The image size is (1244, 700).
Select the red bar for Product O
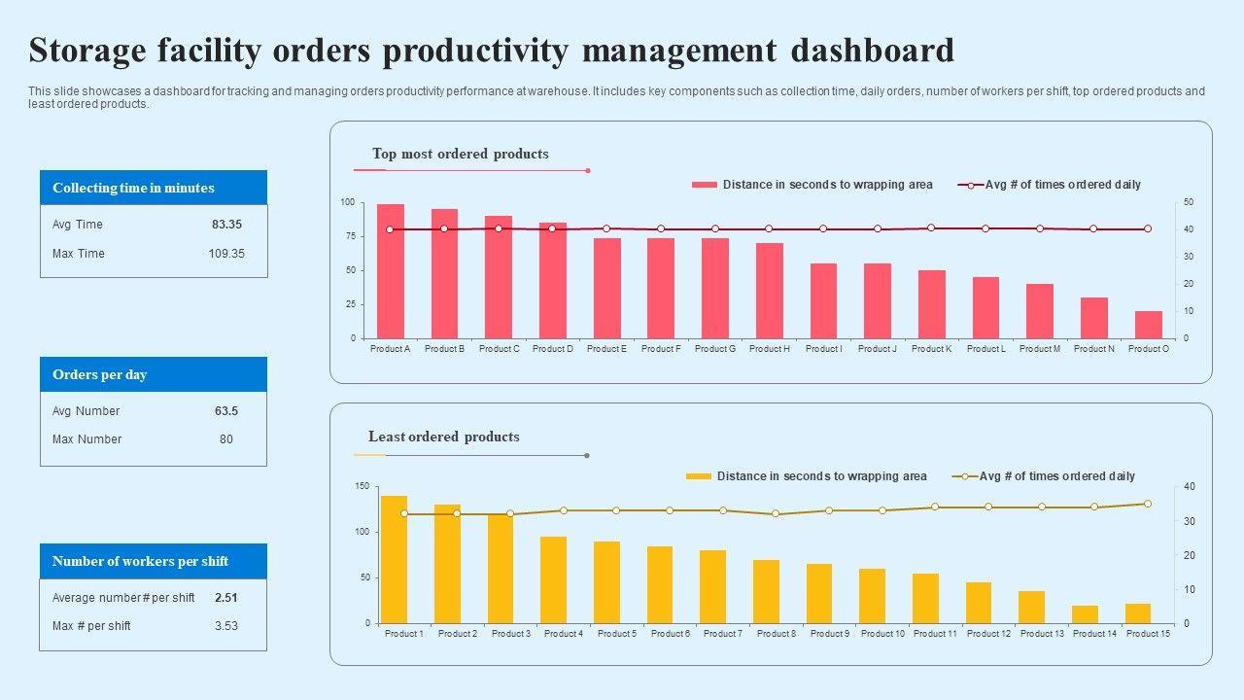[x=1148, y=325]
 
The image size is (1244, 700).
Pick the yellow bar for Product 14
[x=1085, y=614]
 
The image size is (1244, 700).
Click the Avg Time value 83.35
[x=226, y=225]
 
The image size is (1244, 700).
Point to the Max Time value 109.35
[x=226, y=254]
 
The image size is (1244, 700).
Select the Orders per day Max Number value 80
[x=226, y=439]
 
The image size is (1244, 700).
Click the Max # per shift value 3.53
[x=226, y=626]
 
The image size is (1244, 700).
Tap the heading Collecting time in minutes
[x=133, y=188]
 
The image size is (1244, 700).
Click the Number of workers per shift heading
[x=140, y=561]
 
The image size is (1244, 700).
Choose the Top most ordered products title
[x=460, y=154]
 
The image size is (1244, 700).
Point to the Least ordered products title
[x=443, y=437]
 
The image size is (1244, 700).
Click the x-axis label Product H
[x=770, y=349]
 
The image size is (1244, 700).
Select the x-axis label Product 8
[x=776, y=634]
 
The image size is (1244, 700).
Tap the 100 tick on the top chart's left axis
[x=348, y=202]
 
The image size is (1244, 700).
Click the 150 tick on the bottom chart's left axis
[x=362, y=486]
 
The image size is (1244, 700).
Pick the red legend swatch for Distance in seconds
[x=705, y=185]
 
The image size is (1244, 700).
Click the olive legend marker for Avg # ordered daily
[x=965, y=476]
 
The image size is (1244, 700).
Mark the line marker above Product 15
[x=1147, y=504]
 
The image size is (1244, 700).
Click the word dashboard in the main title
[x=866, y=50]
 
